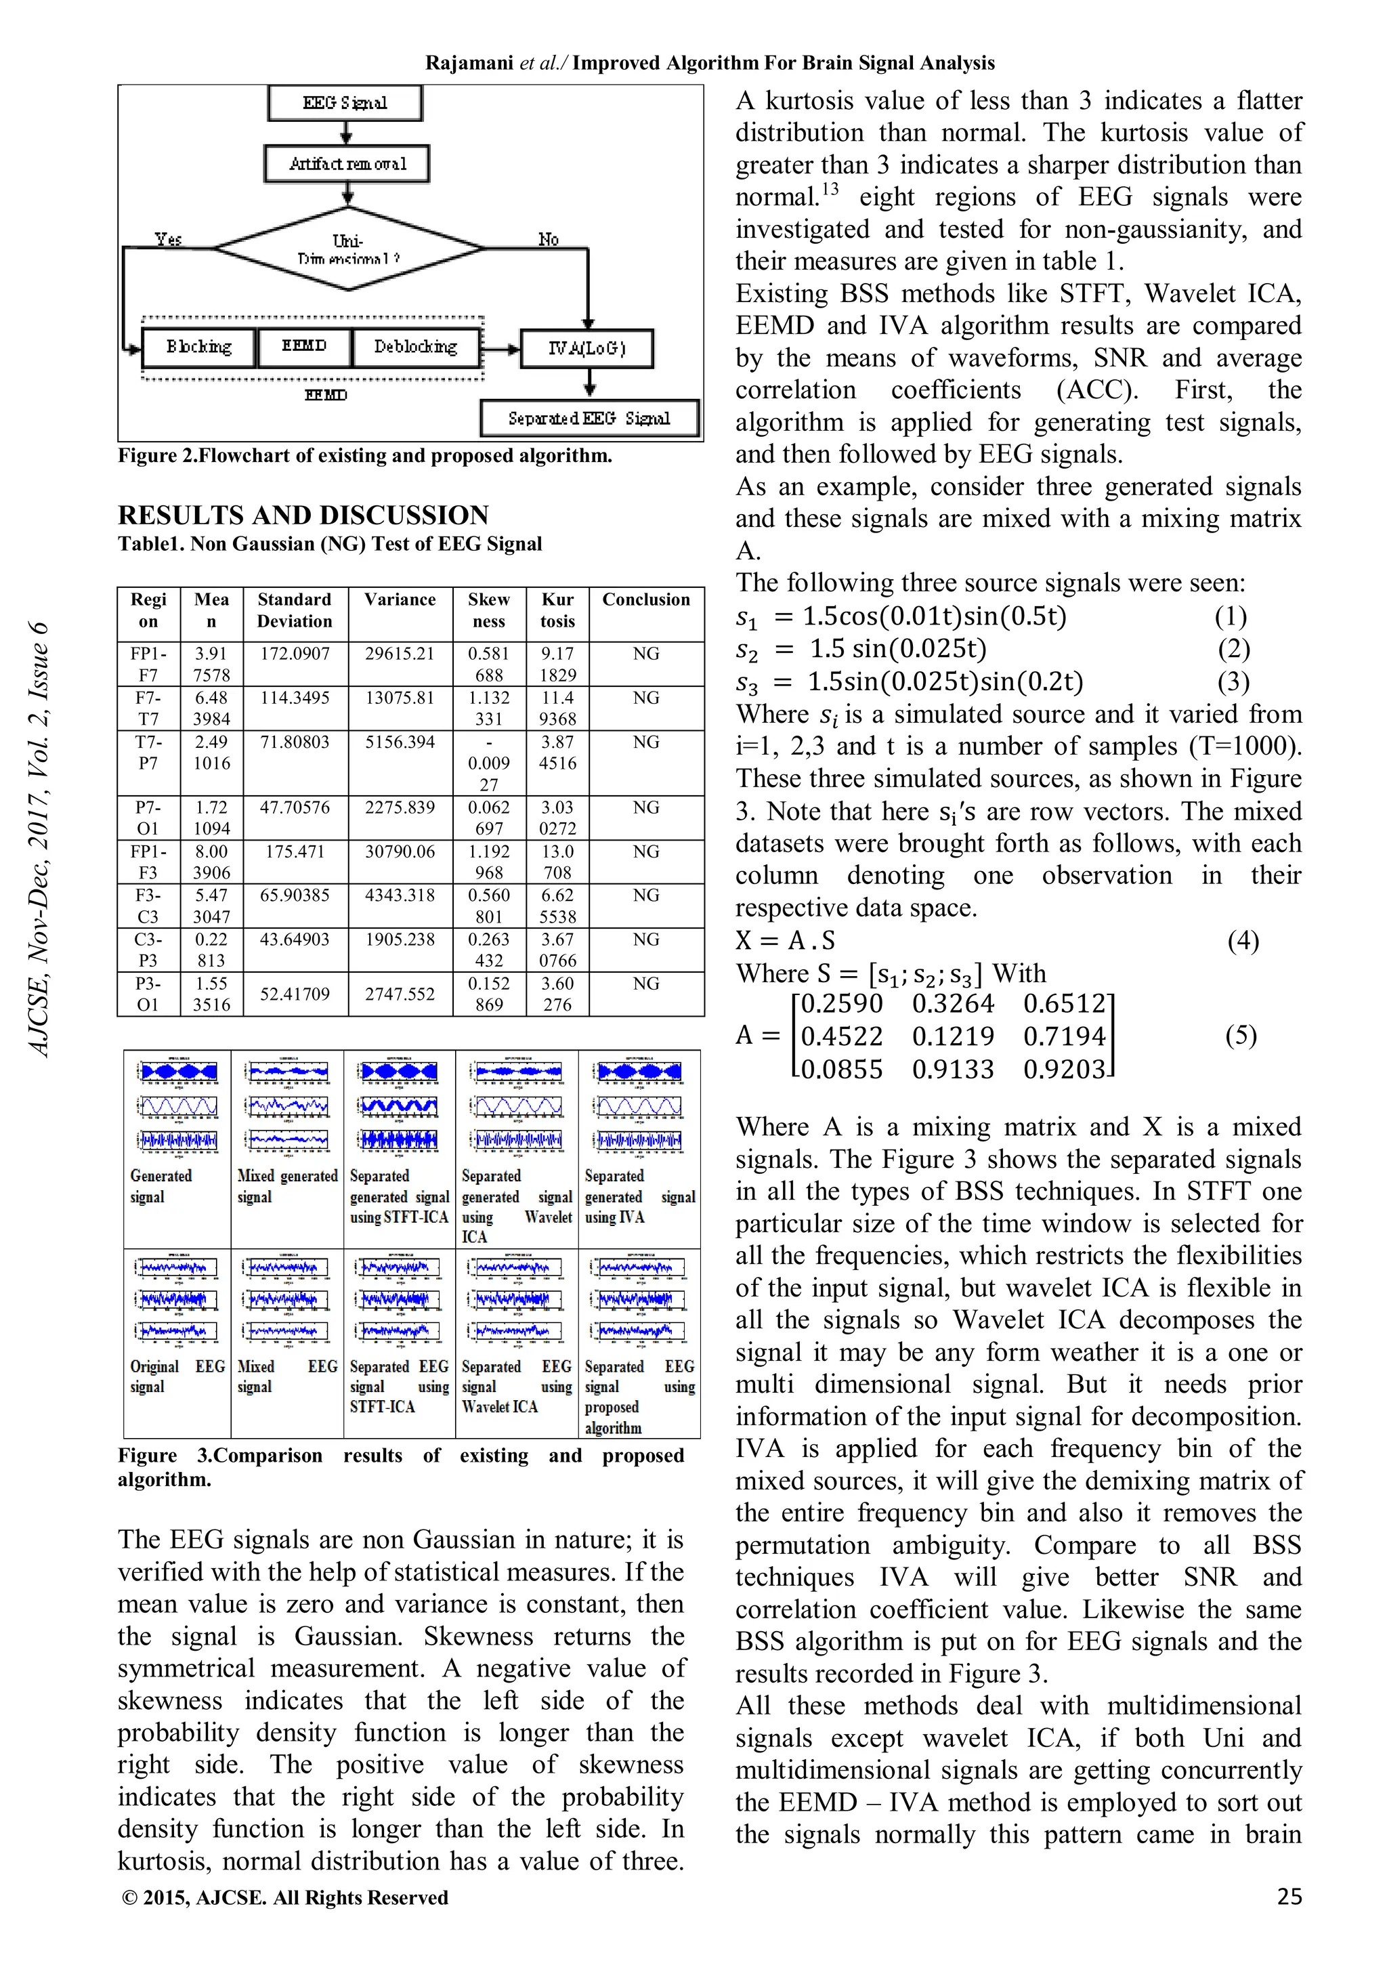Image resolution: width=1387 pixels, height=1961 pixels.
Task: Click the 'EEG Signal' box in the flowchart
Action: click(345, 104)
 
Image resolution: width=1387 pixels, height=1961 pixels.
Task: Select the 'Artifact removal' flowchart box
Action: click(347, 163)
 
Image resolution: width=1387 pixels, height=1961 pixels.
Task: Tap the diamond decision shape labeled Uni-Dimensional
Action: click(349, 249)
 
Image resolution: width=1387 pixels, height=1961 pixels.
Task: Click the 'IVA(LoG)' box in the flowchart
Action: click(586, 348)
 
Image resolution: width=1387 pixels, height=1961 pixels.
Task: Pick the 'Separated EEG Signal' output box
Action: click(589, 419)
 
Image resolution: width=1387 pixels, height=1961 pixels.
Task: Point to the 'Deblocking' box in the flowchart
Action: click(415, 347)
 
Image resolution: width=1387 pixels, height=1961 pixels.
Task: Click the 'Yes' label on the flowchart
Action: click(168, 239)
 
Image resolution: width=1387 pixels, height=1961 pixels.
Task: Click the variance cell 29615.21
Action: click(400, 654)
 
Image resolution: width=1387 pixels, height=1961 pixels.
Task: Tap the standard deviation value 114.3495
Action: click(295, 698)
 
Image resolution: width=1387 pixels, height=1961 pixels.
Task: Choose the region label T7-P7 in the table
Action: click(148, 753)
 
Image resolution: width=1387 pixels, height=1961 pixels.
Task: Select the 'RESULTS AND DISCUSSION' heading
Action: click(303, 515)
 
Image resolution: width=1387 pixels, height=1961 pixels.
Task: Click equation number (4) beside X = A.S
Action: click(1243, 940)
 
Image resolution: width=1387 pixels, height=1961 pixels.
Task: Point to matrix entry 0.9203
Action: click(1064, 1070)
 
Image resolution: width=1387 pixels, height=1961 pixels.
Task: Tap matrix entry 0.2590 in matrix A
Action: click(841, 1004)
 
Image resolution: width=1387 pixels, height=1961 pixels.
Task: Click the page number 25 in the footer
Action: click(1289, 1896)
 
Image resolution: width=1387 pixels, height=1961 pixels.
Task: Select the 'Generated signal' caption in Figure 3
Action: click(161, 1186)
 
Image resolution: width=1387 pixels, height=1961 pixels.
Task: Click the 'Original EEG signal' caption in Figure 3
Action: click(177, 1377)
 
